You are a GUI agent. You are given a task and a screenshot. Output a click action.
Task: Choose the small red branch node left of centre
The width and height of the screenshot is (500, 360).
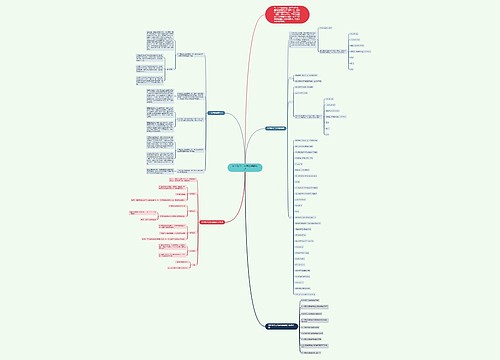point(218,222)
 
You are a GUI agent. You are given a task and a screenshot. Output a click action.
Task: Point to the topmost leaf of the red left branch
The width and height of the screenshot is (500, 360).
point(146,187)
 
